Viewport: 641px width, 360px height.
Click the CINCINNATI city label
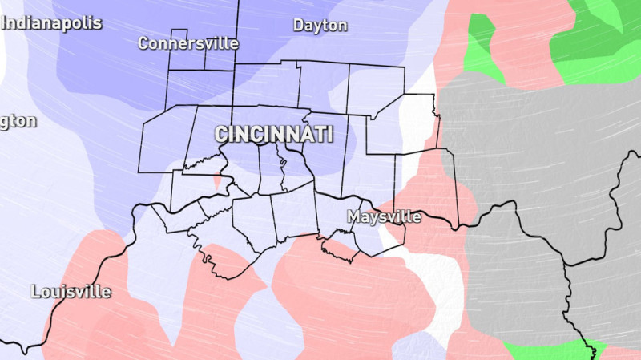[x=273, y=134]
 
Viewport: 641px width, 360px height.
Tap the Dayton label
[x=320, y=26]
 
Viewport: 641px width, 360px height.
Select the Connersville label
[x=188, y=43]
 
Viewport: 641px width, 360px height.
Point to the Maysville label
[x=384, y=216]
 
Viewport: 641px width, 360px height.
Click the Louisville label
[x=71, y=291]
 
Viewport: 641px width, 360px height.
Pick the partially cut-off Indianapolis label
[x=51, y=22]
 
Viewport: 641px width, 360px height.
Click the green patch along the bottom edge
[x=545, y=351]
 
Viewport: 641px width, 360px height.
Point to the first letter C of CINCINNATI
[x=220, y=134]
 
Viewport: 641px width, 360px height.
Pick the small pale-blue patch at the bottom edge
[x=417, y=346]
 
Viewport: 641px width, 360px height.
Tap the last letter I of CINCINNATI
[x=329, y=134]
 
